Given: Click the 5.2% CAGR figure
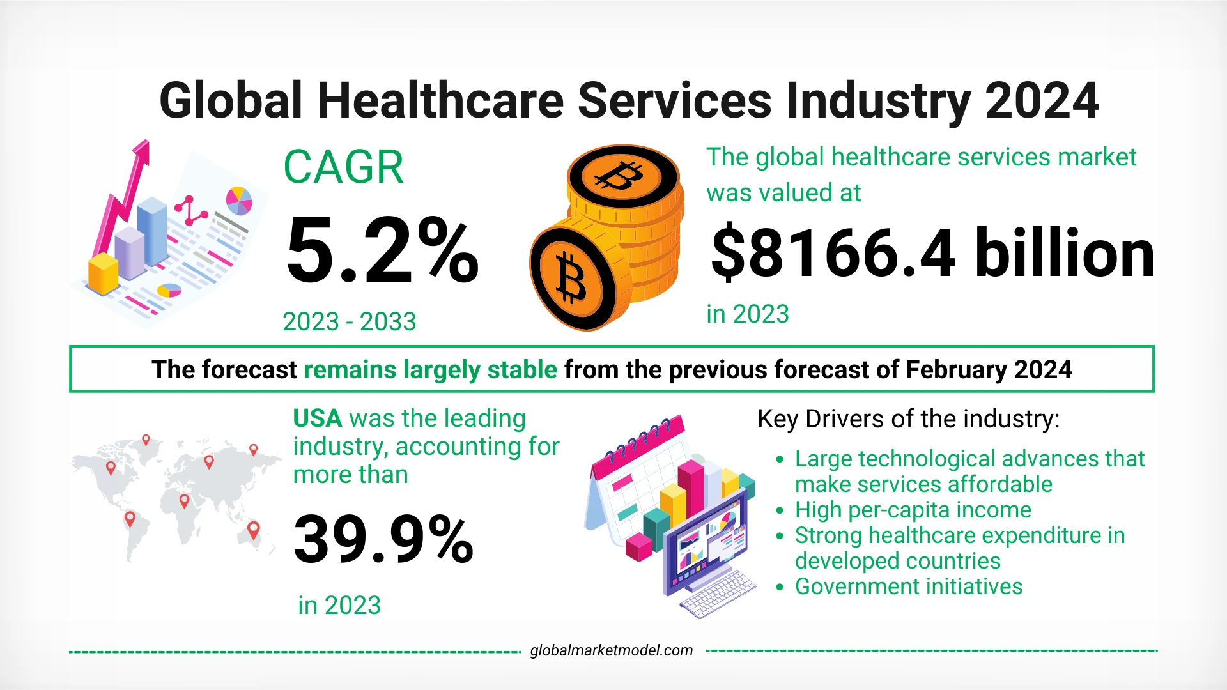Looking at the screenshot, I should (382, 250).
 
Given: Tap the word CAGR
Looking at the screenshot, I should (343, 167).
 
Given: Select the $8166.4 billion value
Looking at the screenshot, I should (932, 254).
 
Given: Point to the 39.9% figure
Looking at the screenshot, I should (383, 540).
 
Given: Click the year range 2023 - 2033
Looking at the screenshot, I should (349, 321).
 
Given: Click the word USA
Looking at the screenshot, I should (318, 418).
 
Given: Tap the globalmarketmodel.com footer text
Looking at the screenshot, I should (611, 650).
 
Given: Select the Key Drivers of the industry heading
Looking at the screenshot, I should (908, 419).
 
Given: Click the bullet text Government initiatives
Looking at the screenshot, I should (908, 586).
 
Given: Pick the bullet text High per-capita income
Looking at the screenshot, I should (913, 510).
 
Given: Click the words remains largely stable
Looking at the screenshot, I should (430, 370).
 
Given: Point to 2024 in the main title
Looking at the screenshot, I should (1042, 101).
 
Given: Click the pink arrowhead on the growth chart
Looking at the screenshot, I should (141, 153).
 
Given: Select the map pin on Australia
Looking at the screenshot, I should (254, 530).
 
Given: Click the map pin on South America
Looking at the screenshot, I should (130, 518).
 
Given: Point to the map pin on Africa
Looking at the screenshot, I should (184, 501).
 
